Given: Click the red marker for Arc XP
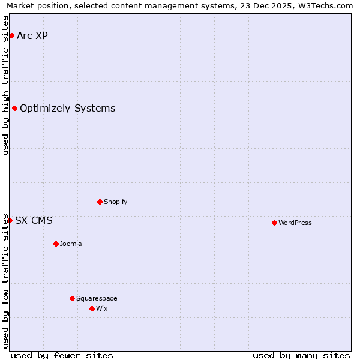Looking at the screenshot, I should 11,35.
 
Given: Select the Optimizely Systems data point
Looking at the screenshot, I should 14,108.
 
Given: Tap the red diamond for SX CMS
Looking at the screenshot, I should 10,220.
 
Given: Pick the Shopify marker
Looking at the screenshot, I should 100,202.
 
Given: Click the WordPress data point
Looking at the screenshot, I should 274,223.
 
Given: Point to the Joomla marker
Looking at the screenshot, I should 56,244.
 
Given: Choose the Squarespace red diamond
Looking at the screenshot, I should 72,298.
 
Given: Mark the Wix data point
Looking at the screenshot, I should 92,308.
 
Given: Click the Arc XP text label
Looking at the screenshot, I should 32,35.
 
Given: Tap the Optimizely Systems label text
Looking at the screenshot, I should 67,108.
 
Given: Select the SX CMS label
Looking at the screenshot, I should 34,220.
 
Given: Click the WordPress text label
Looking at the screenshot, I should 295,223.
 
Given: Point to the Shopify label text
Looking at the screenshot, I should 116,202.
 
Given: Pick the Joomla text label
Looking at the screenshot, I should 71,244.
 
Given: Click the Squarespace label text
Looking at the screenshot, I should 97,298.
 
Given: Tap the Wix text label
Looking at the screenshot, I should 102,308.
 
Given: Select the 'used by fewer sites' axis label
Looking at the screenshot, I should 62,355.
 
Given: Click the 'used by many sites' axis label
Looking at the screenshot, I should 301,355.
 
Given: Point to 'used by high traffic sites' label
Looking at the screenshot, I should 5,85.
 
